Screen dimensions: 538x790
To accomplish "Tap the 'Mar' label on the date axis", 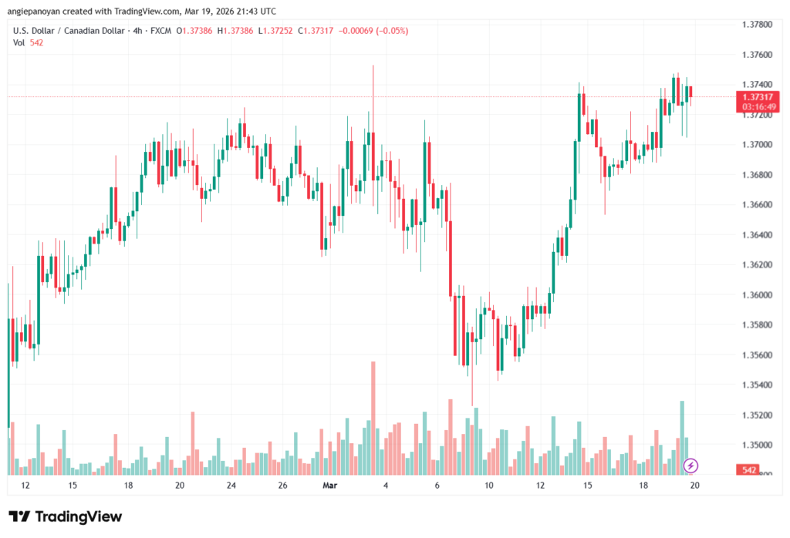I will pos(330,486).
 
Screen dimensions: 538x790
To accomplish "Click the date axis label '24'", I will pos(231,486).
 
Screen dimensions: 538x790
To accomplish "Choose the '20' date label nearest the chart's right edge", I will pos(694,486).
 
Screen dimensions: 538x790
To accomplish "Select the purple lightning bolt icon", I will pos(691,465).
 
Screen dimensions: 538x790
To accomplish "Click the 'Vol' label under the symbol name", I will pos(19,42).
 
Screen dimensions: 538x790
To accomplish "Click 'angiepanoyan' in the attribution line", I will pos(39,11).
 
